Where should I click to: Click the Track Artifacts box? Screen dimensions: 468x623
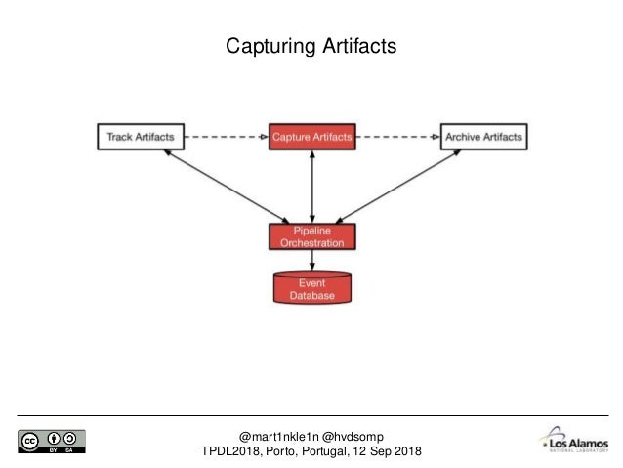click(140, 137)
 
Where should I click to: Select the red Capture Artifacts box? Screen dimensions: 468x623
click(312, 137)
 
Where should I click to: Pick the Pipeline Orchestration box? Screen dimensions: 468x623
click(312, 236)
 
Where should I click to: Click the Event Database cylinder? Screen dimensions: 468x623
click(312, 286)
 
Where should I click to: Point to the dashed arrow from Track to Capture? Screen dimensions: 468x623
click(225, 137)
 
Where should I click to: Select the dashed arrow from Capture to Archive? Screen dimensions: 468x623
click(397, 137)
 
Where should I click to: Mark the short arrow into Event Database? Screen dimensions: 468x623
click(312, 260)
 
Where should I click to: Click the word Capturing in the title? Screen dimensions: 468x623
click(267, 46)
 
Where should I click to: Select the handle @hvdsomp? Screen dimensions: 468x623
click(354, 434)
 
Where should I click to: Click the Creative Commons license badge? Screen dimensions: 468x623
click(51, 442)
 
